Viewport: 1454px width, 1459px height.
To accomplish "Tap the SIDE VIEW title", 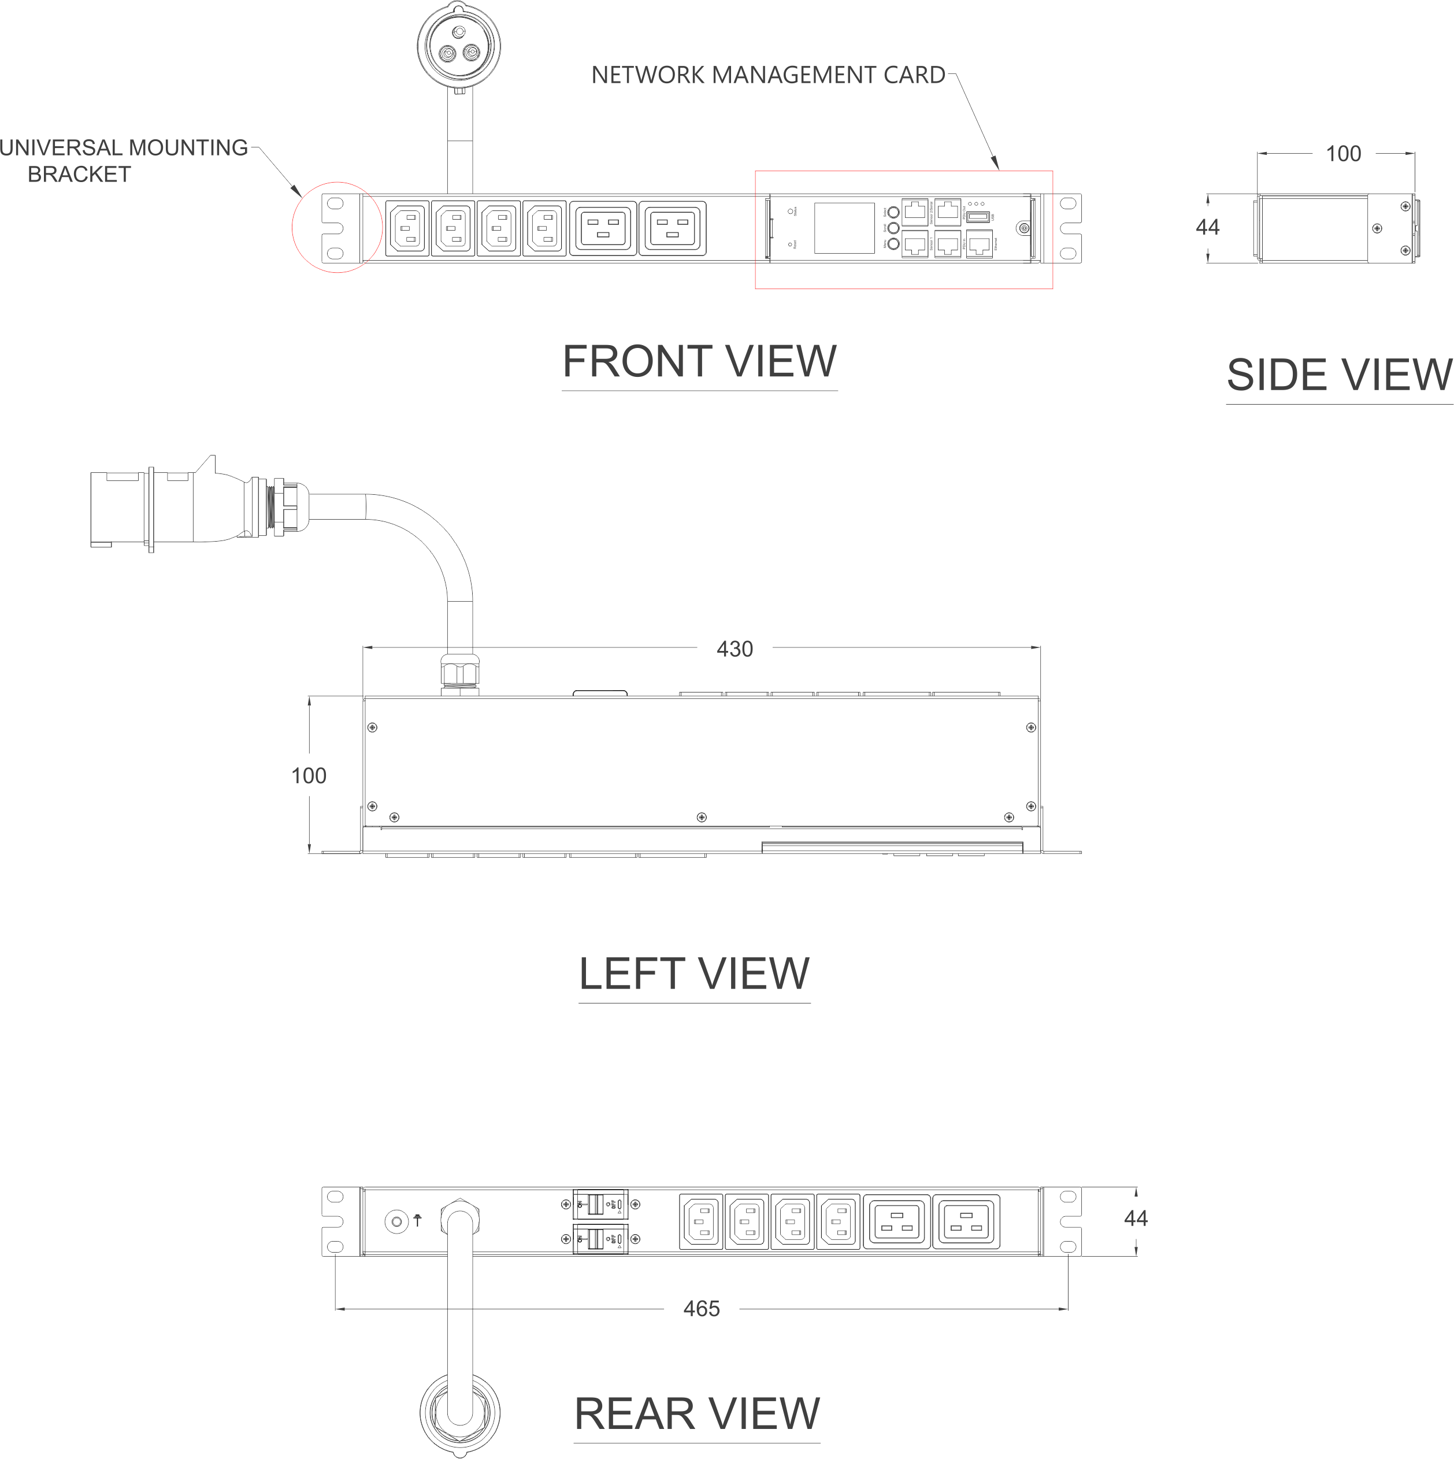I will [1338, 375].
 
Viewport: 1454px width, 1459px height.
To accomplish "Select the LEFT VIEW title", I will [694, 973].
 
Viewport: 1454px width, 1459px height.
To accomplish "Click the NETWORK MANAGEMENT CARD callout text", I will [768, 75].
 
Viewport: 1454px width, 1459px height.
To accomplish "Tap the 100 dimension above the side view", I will [1343, 154].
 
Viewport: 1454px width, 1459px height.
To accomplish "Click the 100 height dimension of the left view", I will [309, 776].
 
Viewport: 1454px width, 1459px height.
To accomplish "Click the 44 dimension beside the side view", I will [1208, 227].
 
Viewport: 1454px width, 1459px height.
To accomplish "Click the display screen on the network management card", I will [844, 227].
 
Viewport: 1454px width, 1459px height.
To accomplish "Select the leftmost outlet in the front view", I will [407, 227].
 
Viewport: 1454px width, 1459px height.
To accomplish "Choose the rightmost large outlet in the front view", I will [672, 227].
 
